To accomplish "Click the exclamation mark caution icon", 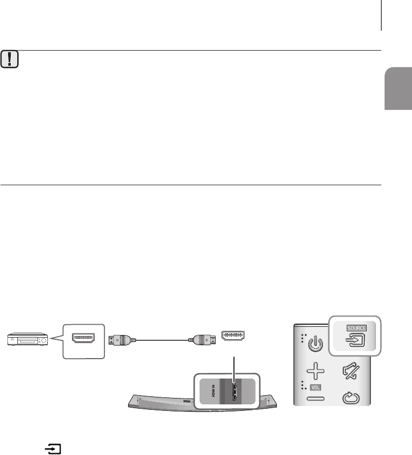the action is click(x=9, y=60).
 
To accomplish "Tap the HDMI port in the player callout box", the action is click(x=84, y=339).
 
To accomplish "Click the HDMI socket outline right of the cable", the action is click(x=233, y=337).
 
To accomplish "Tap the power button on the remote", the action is click(x=315, y=343).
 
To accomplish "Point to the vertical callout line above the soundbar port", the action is click(x=233, y=366).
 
